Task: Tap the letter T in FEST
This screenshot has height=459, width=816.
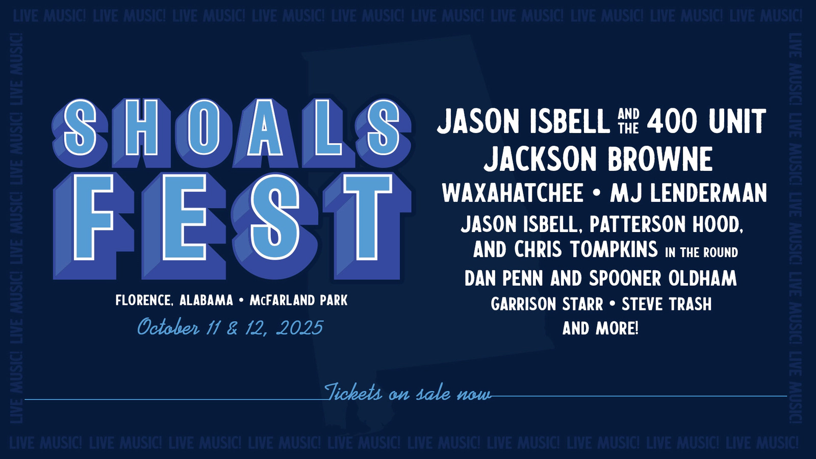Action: click(367, 226)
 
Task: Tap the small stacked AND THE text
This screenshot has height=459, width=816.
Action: click(628, 121)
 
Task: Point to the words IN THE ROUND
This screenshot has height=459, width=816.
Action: click(702, 252)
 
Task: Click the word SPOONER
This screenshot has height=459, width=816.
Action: click(625, 278)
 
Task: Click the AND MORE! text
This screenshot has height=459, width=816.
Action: click(600, 328)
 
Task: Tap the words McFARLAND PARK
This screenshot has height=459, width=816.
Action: click(299, 300)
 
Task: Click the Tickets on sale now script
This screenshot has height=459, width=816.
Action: click(407, 393)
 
